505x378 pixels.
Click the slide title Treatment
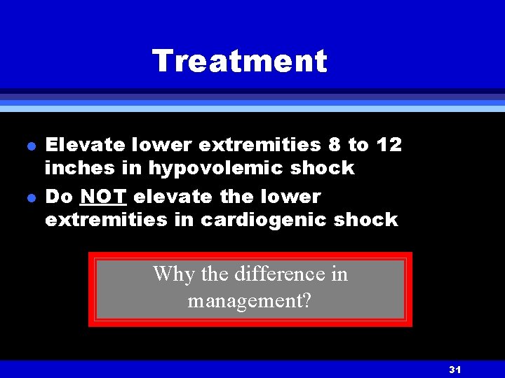[239, 61]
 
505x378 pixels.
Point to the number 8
[334, 145]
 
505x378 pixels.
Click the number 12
[389, 145]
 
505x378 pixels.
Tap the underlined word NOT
[103, 197]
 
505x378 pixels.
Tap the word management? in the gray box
[250, 301]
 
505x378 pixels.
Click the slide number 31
[454, 370]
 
